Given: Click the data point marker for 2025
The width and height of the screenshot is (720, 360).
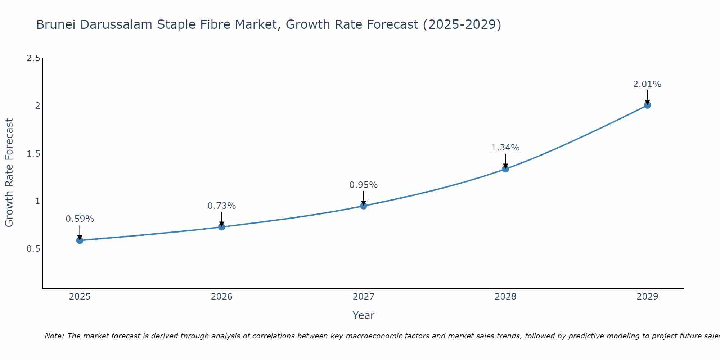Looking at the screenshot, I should point(80,240).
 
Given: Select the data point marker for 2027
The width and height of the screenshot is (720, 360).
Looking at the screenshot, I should point(364,206).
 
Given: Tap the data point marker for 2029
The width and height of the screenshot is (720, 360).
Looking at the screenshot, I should point(647,105).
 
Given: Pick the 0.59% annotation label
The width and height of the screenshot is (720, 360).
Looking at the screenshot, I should point(80,219).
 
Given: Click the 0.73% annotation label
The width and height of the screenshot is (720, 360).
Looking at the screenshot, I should point(221,206).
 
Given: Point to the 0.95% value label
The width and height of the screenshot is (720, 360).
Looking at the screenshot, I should point(364,185).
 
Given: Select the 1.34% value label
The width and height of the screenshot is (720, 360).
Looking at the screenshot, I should point(505,148).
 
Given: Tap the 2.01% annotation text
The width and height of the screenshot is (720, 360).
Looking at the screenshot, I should point(647,84).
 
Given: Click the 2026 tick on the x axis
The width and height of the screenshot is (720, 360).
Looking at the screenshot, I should point(221,297).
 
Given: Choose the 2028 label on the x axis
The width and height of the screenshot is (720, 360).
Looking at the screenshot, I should point(505,297).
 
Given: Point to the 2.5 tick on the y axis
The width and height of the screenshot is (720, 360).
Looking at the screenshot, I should point(33,58).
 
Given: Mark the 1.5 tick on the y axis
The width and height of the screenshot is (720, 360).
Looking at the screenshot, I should point(33,154).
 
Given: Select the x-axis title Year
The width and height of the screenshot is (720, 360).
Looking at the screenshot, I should point(364,315).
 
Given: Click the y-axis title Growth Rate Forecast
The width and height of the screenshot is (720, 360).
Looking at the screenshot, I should point(9,173).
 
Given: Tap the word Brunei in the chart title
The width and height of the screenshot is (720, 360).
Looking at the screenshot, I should point(56,25).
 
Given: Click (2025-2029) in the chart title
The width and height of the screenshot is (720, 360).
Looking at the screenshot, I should point(462,25).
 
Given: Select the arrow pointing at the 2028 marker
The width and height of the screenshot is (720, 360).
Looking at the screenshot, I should point(505,161).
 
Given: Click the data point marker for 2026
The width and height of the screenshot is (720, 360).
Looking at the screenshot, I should point(221,227).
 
